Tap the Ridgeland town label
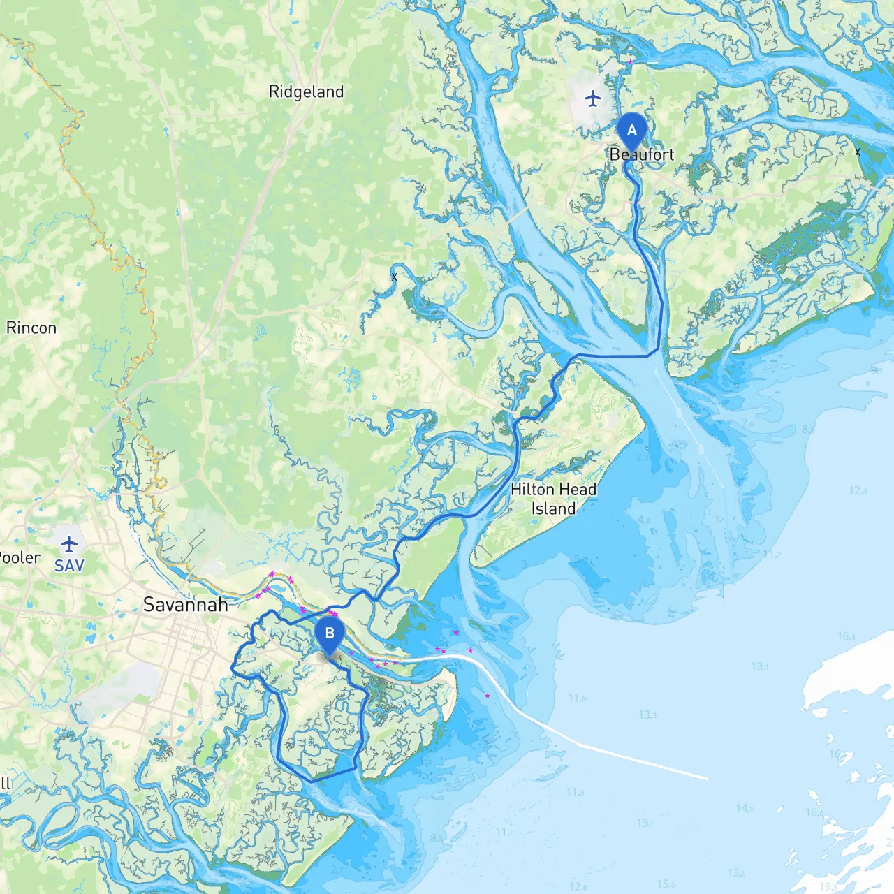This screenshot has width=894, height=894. coord(306,91)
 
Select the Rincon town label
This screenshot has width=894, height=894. coord(31,328)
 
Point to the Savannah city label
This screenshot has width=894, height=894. coord(185,604)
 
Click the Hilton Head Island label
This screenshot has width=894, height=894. coord(553,499)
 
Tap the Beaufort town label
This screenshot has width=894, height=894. coord(642,154)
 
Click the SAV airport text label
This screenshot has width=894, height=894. coord(69,565)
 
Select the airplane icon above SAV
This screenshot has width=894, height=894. coord(68,543)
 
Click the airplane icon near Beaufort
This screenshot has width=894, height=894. coord(593,98)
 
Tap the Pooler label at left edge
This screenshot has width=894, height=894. coord(20,557)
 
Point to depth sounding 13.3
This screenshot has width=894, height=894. coord(647,715)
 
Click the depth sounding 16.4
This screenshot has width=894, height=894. coord(846,636)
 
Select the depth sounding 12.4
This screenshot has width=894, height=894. coord(858,490)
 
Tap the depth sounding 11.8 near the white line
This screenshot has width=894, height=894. coord(577,698)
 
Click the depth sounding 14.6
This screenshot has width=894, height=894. coord(745,808)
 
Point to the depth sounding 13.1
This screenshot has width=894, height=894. coord(759,666)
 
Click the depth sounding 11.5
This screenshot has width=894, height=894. coord(575,791)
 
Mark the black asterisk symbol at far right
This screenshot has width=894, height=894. coord(858,152)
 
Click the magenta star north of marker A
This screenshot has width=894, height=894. coord(630,62)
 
